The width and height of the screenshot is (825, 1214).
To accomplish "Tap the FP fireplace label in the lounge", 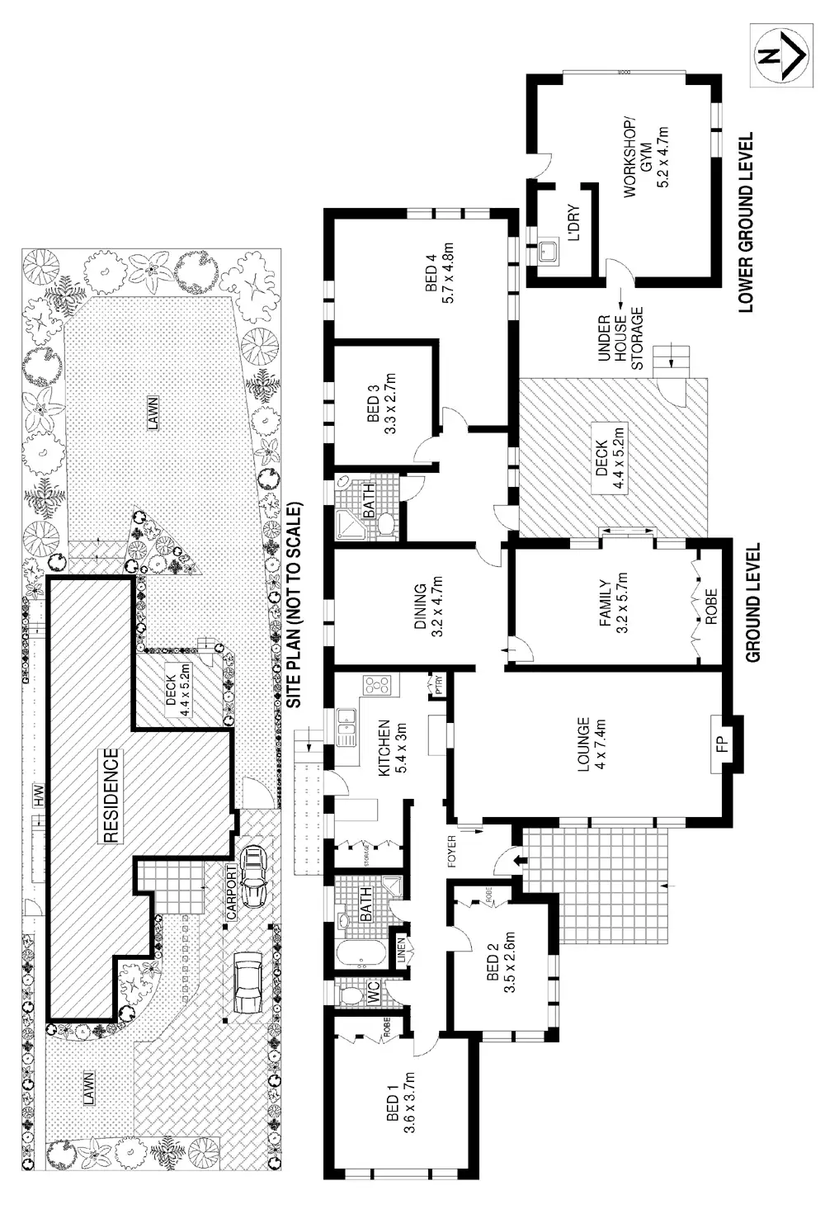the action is coord(720,744).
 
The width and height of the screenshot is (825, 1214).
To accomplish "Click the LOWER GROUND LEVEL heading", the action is coord(747,223).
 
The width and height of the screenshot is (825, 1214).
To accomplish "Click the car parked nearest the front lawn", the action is coord(247,984).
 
